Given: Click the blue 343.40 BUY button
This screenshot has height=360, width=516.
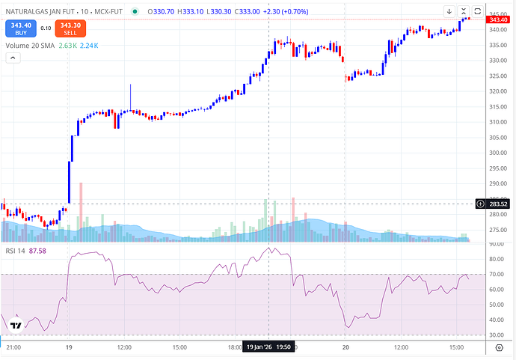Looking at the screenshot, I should (20, 28).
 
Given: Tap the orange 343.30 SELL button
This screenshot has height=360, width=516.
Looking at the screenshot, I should (70, 28).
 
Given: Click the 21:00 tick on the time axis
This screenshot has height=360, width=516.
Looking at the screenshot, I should (13, 347).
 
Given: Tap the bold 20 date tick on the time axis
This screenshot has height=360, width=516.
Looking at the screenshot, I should (345, 347).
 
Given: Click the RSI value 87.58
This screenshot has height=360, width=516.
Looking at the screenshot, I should (37, 251).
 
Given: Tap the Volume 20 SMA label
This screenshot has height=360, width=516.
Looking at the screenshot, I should (28, 46).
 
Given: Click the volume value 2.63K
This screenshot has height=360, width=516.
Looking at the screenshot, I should (67, 46).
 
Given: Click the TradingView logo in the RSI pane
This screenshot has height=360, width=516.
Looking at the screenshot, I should (14, 325).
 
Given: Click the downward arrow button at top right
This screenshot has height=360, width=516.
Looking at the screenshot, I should (449, 11).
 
